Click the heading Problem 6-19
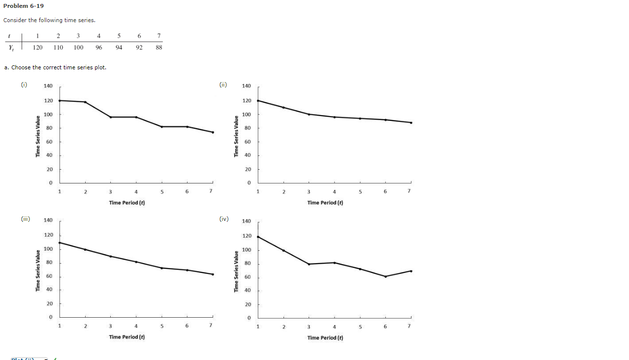pyautogui.click(x=23, y=6)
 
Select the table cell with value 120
pyautogui.click(x=37, y=48)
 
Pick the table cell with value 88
pyautogui.click(x=158, y=48)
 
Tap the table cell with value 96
pyautogui.click(x=99, y=48)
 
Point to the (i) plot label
pyautogui.click(x=24, y=85)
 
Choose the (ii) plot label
pyautogui.click(x=223, y=85)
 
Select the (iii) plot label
pyautogui.click(x=25, y=219)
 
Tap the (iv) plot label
pyautogui.click(x=224, y=219)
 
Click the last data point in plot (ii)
pyautogui.click(x=411, y=122)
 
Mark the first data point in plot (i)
pyautogui.click(x=60, y=100)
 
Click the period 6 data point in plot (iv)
pyautogui.click(x=385, y=276)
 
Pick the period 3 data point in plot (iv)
pyautogui.click(x=309, y=264)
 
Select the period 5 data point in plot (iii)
pyautogui.click(x=161, y=268)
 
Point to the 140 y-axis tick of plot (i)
pyautogui.click(x=48, y=86)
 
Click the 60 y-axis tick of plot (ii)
pyautogui.click(x=247, y=142)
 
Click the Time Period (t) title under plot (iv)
pyautogui.click(x=325, y=337)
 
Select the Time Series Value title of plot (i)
pyautogui.click(x=37, y=137)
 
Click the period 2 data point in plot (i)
pyautogui.click(x=85, y=102)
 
